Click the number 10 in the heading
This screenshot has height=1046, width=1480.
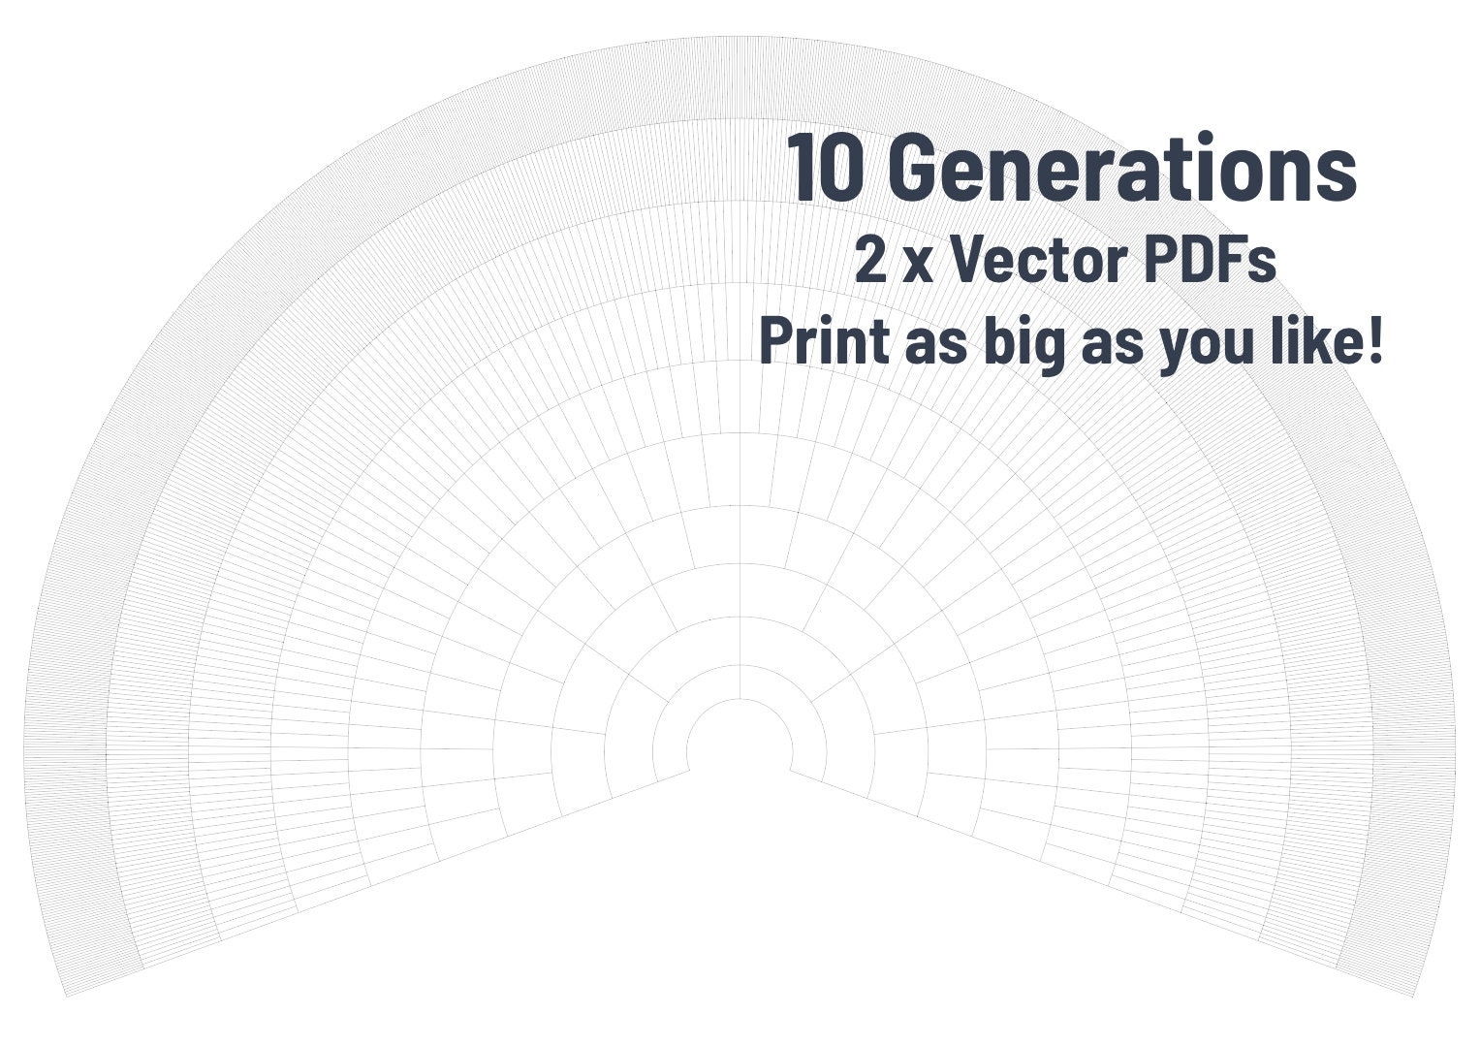(824, 169)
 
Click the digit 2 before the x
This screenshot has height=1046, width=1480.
(869, 261)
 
